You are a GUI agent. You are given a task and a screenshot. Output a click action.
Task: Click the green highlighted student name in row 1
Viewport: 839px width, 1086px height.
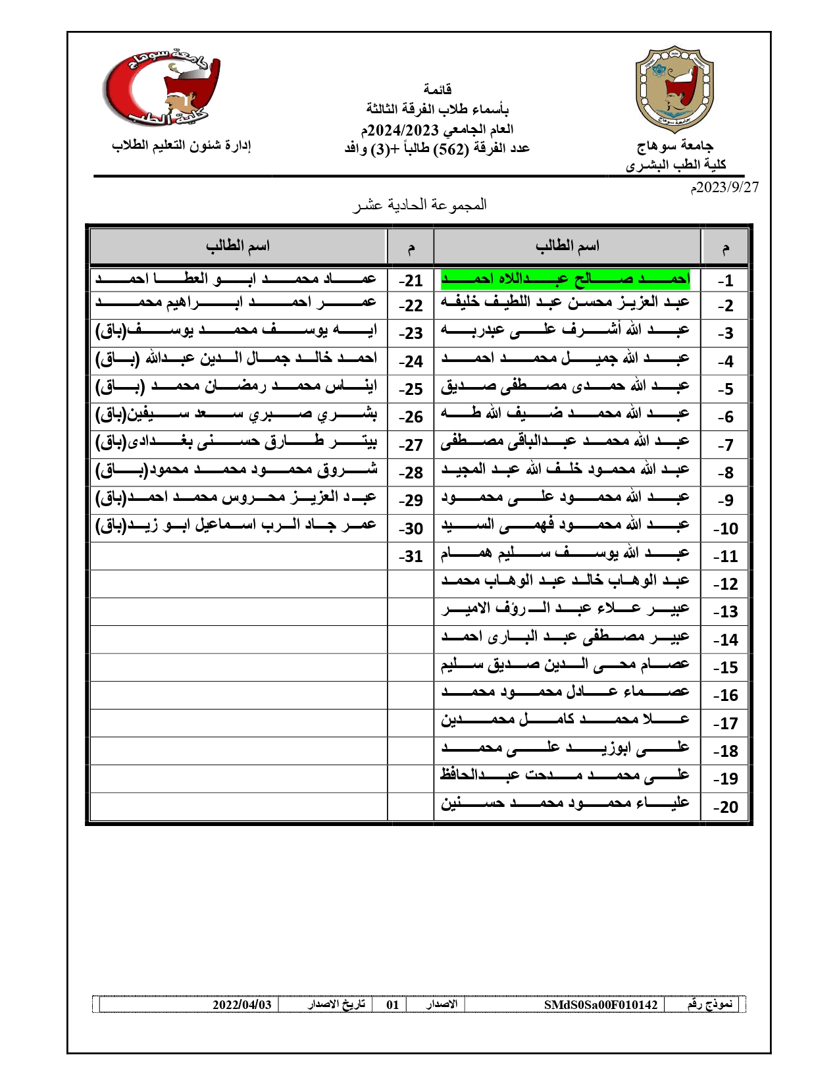pos(565,280)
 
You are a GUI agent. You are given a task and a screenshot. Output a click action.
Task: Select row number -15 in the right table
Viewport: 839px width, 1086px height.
pos(726,667)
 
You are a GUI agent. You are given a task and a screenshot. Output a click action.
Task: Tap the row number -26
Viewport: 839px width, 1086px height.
pos(411,417)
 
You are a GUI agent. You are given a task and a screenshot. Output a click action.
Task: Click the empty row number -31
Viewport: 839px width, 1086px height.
pos(411,556)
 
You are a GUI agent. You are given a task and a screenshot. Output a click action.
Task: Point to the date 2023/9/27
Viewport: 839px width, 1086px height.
pos(724,187)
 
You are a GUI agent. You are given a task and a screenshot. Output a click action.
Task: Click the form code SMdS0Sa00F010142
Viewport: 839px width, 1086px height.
pos(601,1004)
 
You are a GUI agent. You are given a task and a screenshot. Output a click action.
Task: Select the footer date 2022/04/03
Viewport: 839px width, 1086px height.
pos(242,1004)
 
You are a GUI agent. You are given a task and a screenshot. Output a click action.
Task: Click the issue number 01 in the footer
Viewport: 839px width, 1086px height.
pos(392,1004)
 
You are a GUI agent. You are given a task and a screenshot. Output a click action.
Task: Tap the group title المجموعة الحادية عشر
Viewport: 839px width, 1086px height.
pos(420,205)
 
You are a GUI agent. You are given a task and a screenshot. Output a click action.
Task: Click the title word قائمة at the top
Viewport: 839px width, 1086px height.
pos(438,89)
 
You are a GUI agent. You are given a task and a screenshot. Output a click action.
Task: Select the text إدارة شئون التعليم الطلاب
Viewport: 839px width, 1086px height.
pos(182,145)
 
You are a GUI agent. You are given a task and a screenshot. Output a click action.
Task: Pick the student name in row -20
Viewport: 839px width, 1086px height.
pos(565,804)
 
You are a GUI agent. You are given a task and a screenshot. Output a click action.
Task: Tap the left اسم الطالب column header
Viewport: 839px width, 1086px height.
pos(238,246)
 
